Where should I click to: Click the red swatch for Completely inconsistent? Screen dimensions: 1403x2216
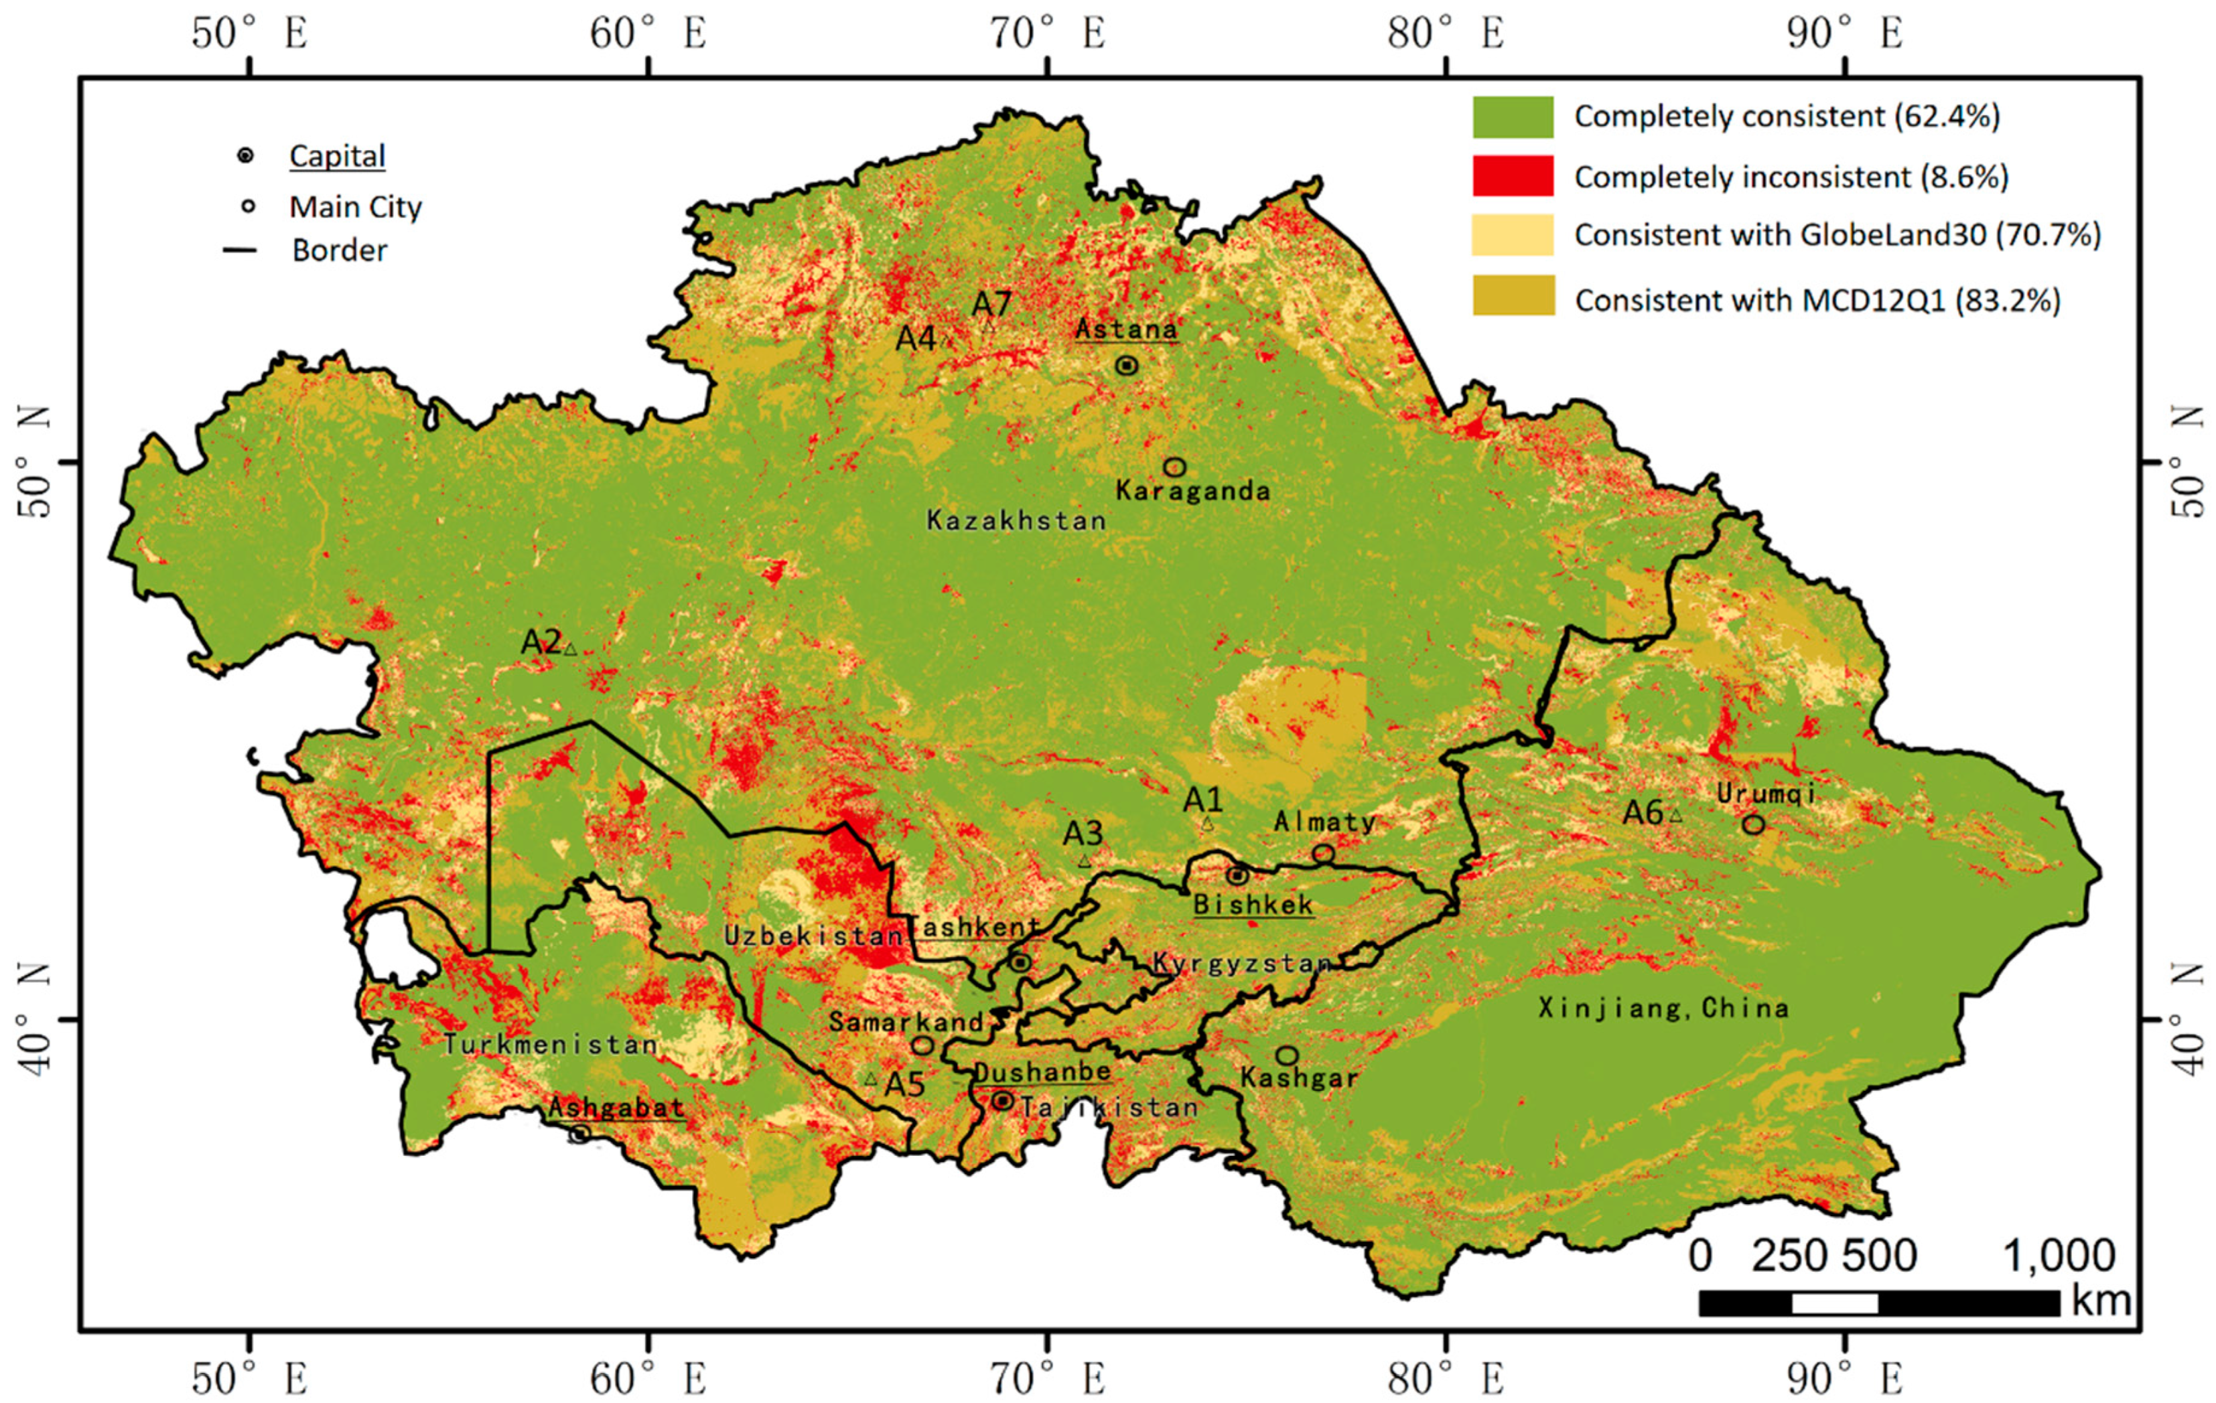[x=1512, y=175]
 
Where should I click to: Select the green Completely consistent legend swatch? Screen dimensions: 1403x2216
[x=1512, y=117]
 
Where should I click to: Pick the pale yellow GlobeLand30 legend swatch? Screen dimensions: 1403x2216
[x=1512, y=234]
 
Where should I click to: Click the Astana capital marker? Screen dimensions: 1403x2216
[x=1126, y=365]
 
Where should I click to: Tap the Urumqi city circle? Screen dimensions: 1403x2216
[x=1753, y=824]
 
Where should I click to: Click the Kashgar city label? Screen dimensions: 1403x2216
[x=1298, y=1078]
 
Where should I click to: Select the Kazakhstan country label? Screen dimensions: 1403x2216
[x=1016, y=521]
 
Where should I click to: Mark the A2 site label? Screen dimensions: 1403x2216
[x=541, y=642]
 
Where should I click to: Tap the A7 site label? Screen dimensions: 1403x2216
[x=992, y=303]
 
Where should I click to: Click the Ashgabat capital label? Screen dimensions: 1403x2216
[x=616, y=1108]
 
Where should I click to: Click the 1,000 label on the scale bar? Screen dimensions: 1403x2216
[x=2059, y=1256]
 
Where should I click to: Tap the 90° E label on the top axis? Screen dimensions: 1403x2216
[x=1844, y=34]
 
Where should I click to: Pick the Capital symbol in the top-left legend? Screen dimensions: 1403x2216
[x=246, y=155]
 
